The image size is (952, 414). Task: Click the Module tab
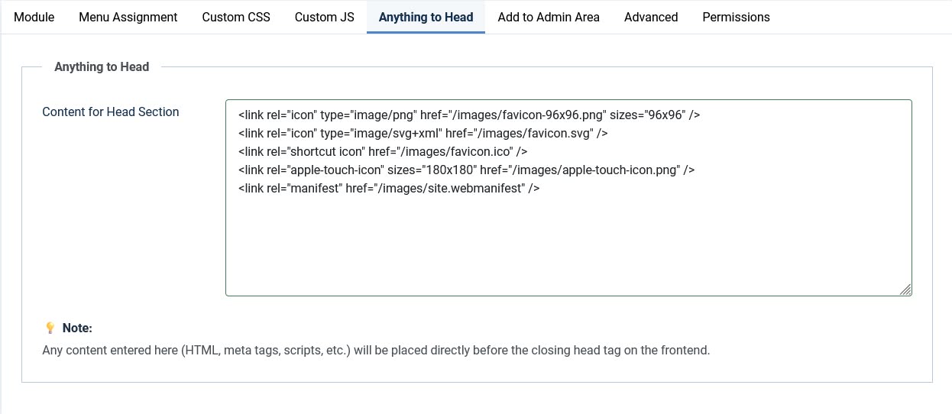coord(34,17)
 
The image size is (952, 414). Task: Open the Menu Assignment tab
coord(128,17)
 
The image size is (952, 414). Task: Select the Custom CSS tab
coord(236,17)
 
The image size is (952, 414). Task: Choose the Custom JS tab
coord(325,17)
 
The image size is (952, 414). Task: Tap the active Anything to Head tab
coord(426,17)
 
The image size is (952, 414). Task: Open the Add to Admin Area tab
coord(549,17)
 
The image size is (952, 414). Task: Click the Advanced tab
coord(651,17)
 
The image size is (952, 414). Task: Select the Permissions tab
coord(736,17)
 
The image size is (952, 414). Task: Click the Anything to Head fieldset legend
coord(102,67)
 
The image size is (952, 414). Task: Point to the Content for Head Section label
coord(111,112)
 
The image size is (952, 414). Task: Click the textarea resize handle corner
coord(905,289)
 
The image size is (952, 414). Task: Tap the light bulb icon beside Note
coord(50,328)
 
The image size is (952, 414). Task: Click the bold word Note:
coord(77,328)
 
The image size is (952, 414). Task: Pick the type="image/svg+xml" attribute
coord(381,134)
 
